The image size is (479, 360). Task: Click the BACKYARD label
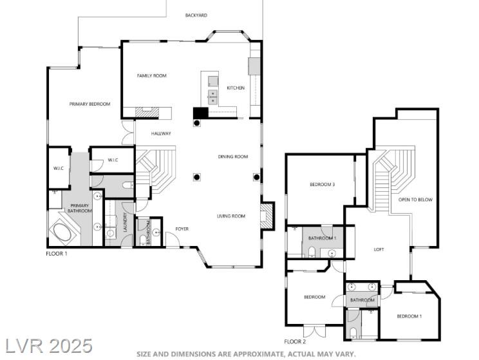pyautogui.click(x=196, y=15)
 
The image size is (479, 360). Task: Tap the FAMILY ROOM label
pyautogui.click(x=151, y=76)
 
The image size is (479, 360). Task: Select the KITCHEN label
pyautogui.click(x=236, y=88)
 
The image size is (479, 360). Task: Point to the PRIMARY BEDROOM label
pyautogui.click(x=89, y=104)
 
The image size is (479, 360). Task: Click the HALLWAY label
pyautogui.click(x=161, y=133)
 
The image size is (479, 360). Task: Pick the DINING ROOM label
pyautogui.click(x=233, y=156)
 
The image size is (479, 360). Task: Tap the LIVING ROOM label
pyautogui.click(x=231, y=216)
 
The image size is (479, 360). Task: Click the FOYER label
pyautogui.click(x=182, y=229)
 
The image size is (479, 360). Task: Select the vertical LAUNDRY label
pyautogui.click(x=125, y=222)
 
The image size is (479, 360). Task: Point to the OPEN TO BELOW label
pyautogui.click(x=415, y=200)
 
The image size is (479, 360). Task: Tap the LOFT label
pyautogui.click(x=379, y=250)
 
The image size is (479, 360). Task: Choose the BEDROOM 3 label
pyautogui.click(x=323, y=185)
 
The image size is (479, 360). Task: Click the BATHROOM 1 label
pyautogui.click(x=322, y=238)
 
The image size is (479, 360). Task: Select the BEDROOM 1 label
pyautogui.click(x=409, y=316)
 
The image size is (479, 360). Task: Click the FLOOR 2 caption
pyautogui.click(x=295, y=342)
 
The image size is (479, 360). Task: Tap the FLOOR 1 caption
pyautogui.click(x=57, y=254)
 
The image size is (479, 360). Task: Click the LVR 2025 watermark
pyautogui.click(x=49, y=346)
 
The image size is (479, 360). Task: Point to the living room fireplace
pyautogui.click(x=266, y=216)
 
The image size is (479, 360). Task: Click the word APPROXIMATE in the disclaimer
pyautogui.click(x=259, y=354)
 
